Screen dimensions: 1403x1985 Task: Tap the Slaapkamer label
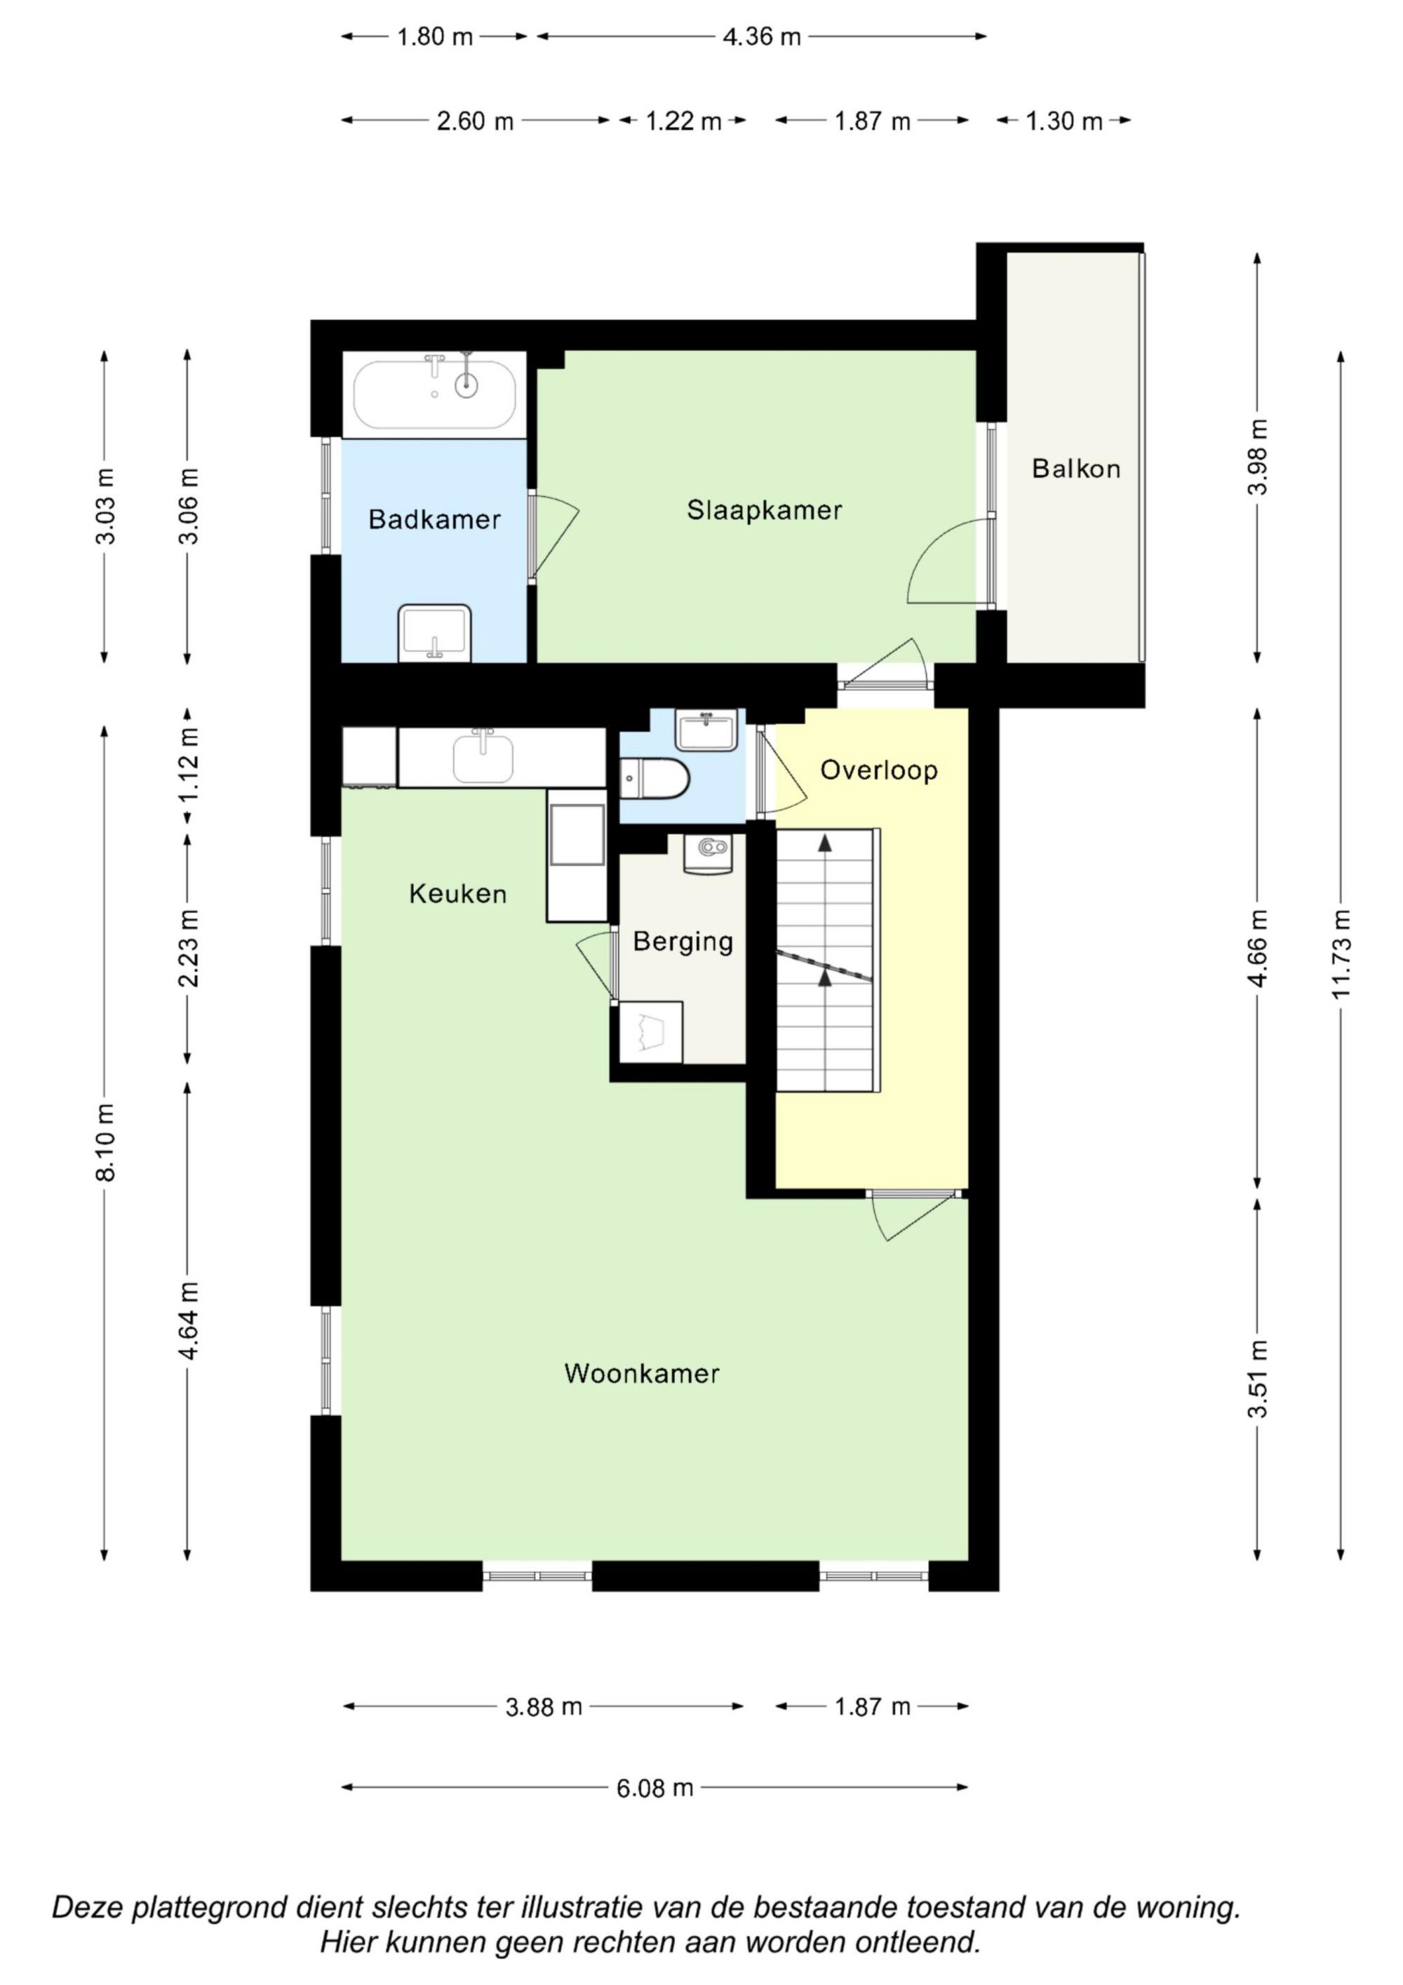[764, 510]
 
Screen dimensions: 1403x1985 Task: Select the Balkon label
[1076, 469]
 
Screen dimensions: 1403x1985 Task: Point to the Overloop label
[878, 770]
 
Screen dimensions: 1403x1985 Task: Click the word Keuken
[457, 893]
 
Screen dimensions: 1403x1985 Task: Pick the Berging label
[683, 942]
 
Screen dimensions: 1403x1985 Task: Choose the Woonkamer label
[641, 1373]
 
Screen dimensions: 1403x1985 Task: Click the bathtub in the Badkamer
[435, 394]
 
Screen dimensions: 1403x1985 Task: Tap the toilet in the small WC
[654, 777]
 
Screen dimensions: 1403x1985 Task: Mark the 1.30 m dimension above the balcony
[1064, 121]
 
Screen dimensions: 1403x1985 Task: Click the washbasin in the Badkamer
[435, 634]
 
